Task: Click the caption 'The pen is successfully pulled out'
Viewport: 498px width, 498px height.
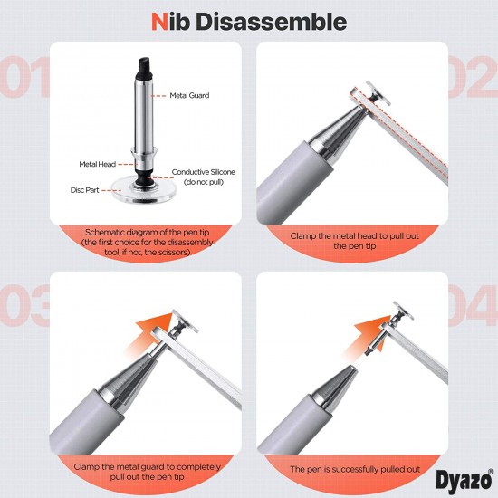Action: pos(367,470)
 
